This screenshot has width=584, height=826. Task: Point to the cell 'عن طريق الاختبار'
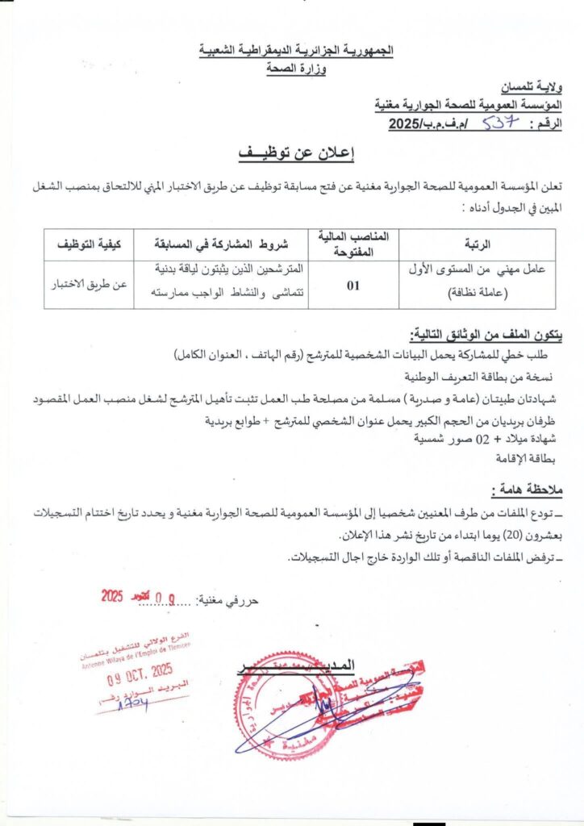pyautogui.click(x=86, y=284)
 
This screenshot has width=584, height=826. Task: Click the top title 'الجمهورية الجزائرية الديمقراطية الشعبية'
pyautogui.click(x=296, y=50)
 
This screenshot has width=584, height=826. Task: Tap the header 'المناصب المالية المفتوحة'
pyautogui.click(x=353, y=244)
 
